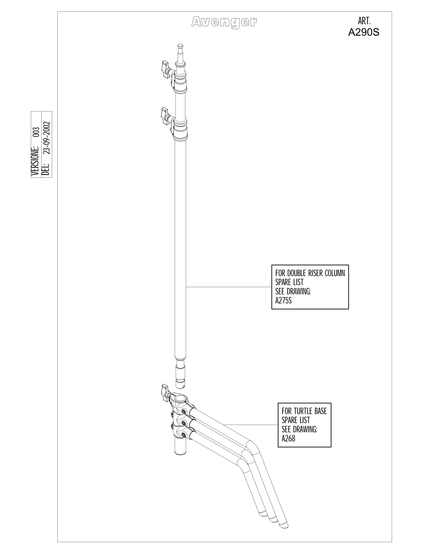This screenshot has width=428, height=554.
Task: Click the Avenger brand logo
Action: (224, 22)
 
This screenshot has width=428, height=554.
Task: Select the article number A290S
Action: (364, 32)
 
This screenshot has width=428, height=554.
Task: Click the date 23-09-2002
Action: (47, 138)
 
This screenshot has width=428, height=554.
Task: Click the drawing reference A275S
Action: (283, 301)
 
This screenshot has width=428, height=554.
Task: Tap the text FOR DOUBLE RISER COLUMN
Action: (310, 273)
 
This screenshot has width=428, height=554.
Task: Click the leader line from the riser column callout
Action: (229, 287)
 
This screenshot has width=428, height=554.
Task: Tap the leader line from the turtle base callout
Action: (251, 425)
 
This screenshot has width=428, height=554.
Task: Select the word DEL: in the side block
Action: (47, 169)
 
